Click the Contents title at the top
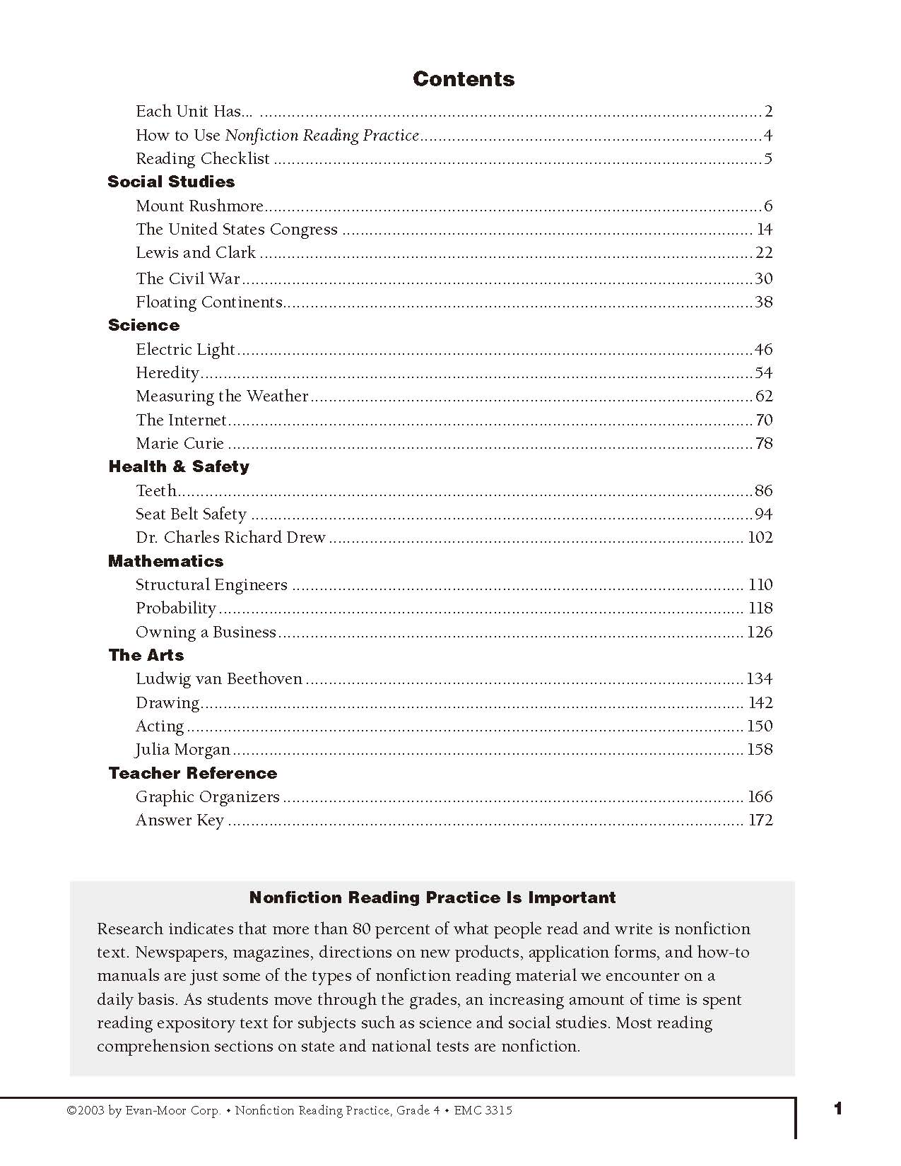(x=463, y=79)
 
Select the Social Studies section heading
(x=171, y=182)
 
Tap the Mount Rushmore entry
(x=199, y=206)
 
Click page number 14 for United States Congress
(x=764, y=229)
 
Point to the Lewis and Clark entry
(x=196, y=253)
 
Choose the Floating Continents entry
(x=209, y=302)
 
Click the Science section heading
(x=143, y=325)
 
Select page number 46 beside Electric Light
(x=763, y=349)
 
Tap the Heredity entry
(x=167, y=373)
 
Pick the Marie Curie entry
(x=179, y=444)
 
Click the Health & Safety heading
(x=179, y=466)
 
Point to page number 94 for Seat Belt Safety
(x=763, y=514)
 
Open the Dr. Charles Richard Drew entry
(x=230, y=538)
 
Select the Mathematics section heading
(x=165, y=561)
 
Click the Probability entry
(x=175, y=608)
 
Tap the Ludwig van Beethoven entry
(x=219, y=679)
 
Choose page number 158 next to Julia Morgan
(x=760, y=750)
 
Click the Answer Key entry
(x=179, y=820)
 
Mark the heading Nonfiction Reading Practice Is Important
(x=432, y=897)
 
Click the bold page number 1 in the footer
(x=838, y=1109)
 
